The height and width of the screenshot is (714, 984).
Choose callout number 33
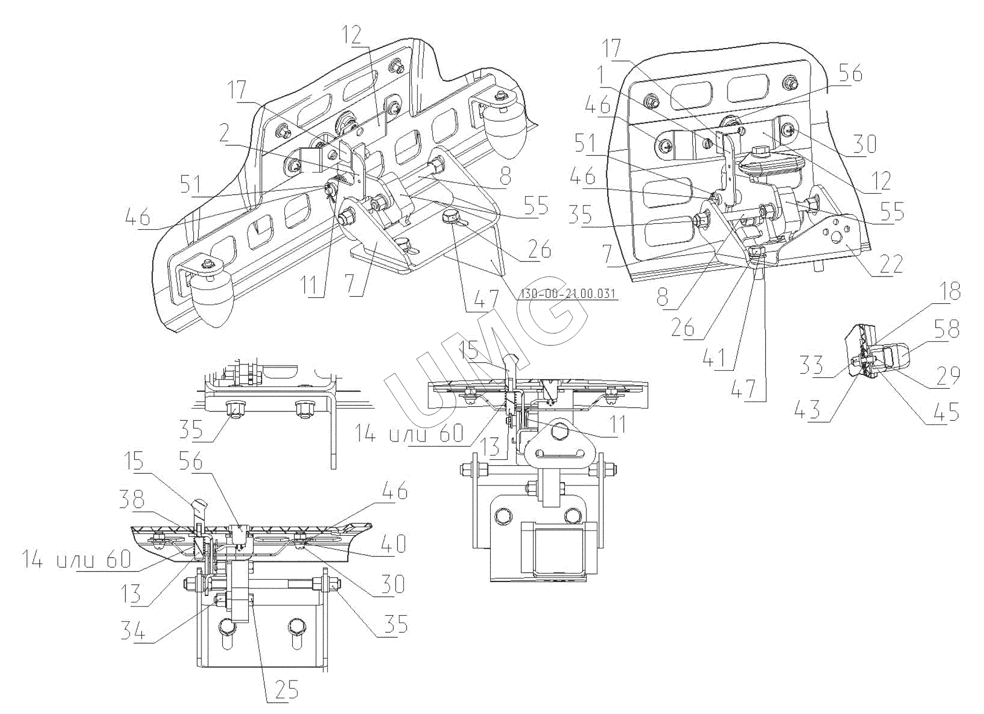pyautogui.click(x=813, y=365)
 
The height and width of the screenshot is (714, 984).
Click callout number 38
pyautogui.click(x=133, y=500)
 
